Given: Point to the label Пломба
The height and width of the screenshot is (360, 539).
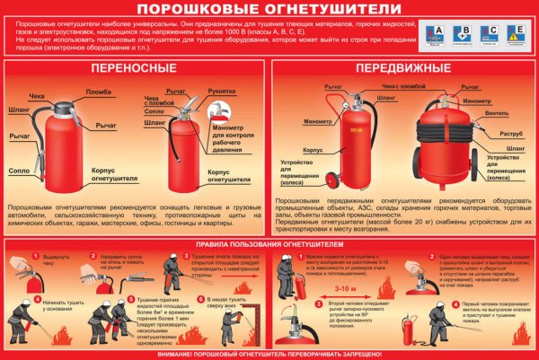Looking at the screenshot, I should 98,92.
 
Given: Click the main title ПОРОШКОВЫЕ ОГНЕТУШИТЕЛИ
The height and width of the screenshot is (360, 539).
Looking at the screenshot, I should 269,10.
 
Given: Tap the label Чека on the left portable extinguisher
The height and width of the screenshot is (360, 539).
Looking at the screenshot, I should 36,95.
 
